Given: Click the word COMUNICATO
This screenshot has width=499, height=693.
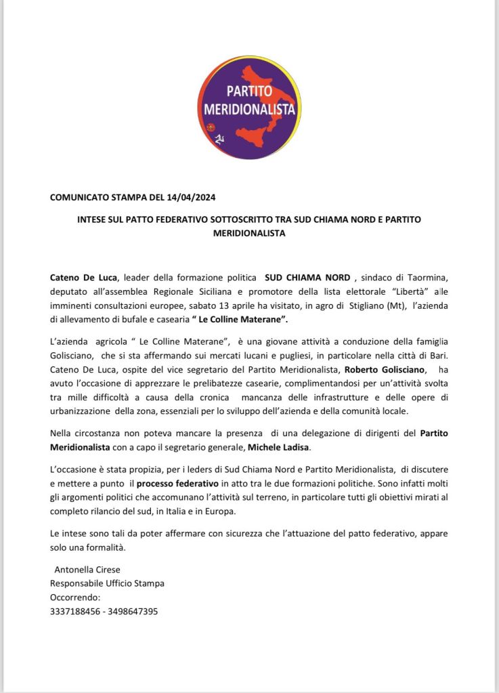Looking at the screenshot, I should (x=77, y=197).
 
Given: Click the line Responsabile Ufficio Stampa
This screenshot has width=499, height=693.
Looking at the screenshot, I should (x=107, y=583).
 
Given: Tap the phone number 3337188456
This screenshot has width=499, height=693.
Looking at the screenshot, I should (x=77, y=610).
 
